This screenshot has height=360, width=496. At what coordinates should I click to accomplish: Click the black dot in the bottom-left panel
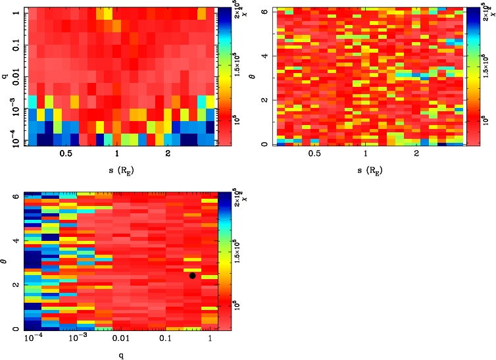(x=192, y=275)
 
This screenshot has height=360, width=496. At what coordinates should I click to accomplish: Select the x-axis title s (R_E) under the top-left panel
(x=117, y=170)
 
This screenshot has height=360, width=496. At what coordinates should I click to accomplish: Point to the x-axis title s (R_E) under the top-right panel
(x=366, y=170)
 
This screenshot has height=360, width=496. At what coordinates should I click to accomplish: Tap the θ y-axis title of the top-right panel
(x=257, y=76)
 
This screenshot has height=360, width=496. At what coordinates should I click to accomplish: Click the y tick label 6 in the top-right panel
(x=264, y=11)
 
